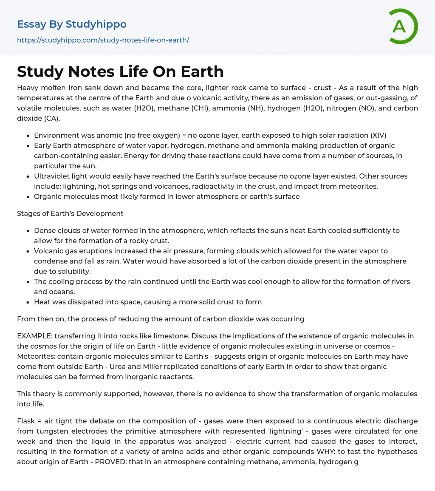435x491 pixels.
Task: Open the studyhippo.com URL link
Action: [x=103, y=40]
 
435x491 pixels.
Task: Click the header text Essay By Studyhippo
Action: [x=72, y=24]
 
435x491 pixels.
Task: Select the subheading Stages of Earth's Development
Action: [x=70, y=213]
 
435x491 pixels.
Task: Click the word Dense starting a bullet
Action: [x=45, y=230]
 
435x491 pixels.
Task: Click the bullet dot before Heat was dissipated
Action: [x=28, y=302]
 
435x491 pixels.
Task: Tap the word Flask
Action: [x=26, y=421]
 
